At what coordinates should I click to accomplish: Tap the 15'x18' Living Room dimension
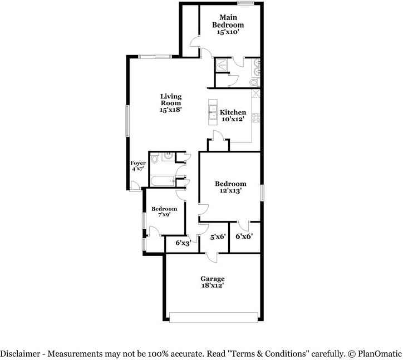pyautogui.click(x=171, y=110)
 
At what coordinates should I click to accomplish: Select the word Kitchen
pyautogui.click(x=233, y=112)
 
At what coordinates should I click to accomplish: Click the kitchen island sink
pyautogui.click(x=213, y=111)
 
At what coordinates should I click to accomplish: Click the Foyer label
pyautogui.click(x=138, y=163)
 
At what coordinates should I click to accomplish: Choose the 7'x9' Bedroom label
pyautogui.click(x=164, y=209)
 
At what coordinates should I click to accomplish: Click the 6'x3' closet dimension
pyautogui.click(x=183, y=243)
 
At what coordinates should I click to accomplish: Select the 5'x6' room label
pyautogui.click(x=217, y=236)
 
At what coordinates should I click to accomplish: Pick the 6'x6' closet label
pyautogui.click(x=244, y=236)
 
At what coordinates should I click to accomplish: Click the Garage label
pyautogui.click(x=213, y=278)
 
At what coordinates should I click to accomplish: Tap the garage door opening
pyautogui.click(x=214, y=317)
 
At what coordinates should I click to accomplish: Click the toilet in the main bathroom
pyautogui.click(x=254, y=82)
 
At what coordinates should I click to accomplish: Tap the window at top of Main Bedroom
pyautogui.click(x=245, y=3)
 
